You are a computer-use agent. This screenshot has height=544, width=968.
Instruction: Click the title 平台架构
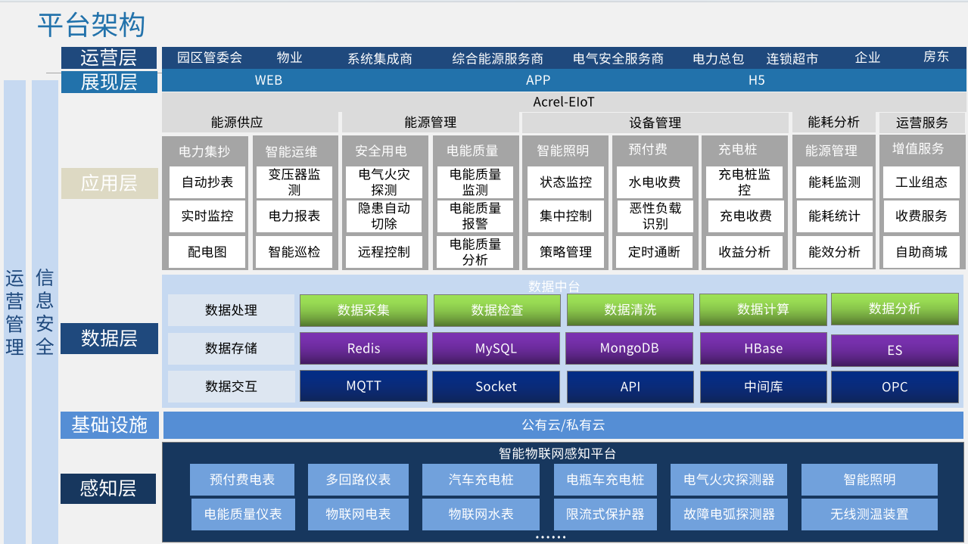pos(91,25)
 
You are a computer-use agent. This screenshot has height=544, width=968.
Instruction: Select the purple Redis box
pos(363,349)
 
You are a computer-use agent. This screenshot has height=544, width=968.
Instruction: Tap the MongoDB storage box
pos(629,349)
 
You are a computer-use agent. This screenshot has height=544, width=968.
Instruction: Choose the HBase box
pos(763,349)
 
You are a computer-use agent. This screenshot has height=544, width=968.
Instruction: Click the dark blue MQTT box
pos(363,386)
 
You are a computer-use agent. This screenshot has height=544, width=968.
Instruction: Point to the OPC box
pos(895,387)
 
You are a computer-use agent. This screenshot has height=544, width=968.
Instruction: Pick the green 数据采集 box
pos(363,310)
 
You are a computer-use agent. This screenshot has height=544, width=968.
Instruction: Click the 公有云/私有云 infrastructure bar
pos(563,425)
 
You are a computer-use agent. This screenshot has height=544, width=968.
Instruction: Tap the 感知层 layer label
pos(108,489)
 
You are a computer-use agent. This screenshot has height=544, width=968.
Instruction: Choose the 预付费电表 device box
pos(242,480)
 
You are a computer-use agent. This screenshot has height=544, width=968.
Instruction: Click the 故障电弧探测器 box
pos(729,514)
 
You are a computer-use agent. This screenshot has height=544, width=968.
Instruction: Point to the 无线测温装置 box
pos(869,514)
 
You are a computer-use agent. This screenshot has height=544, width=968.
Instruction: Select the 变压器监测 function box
pos(294,182)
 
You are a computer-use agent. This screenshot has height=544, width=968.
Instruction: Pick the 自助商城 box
pos(921,252)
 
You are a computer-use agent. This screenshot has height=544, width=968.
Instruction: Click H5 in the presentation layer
pos(756,80)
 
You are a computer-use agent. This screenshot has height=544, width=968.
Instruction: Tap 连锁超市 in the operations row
pos(792,58)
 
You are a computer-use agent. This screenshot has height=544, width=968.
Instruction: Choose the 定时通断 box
pos(655,252)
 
